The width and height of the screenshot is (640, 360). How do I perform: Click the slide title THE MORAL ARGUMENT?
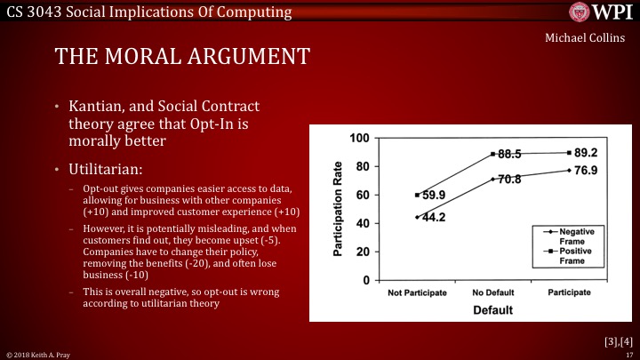tap(182, 56)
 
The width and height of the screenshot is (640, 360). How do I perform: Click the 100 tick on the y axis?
tap(359, 138)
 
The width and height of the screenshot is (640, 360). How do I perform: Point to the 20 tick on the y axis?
tap(362, 252)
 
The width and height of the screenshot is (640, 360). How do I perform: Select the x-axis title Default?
tap(492, 310)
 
